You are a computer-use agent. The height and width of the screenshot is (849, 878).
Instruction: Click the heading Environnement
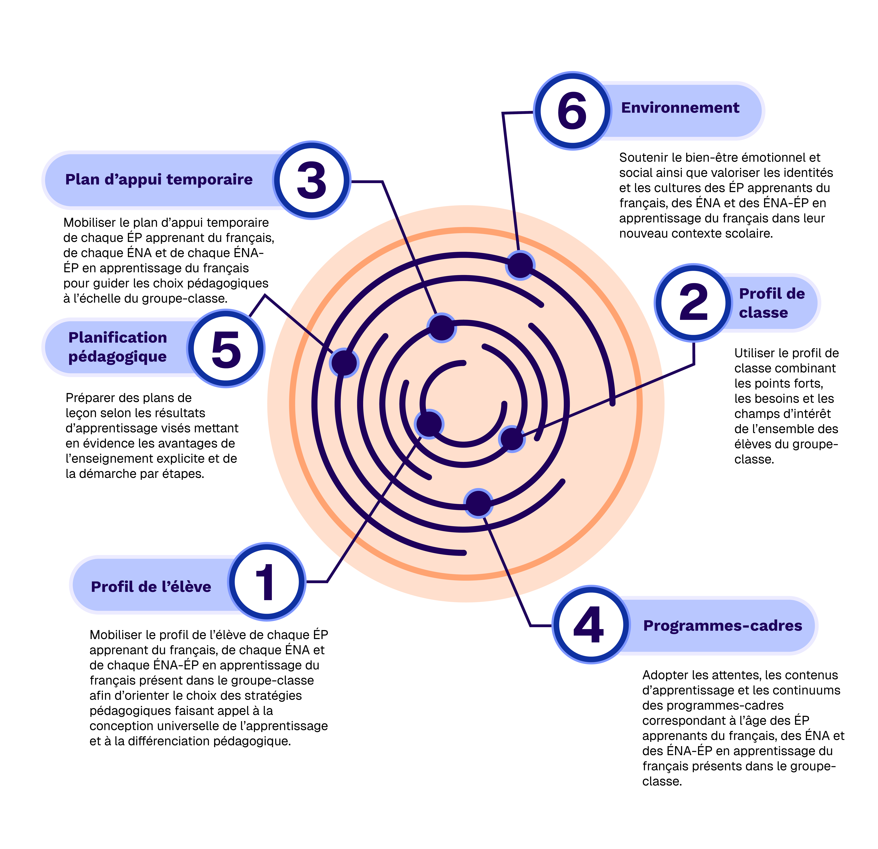(680, 108)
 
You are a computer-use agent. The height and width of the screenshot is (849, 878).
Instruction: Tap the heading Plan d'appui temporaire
(159, 180)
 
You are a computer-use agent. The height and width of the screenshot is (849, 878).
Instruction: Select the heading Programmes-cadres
(722, 625)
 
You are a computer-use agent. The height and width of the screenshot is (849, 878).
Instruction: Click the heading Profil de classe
(771, 303)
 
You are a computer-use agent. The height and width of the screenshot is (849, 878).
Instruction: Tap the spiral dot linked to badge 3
(442, 328)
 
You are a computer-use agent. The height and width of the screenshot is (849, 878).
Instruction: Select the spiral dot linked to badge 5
(344, 362)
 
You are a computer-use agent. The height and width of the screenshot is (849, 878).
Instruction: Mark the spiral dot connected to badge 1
(429, 424)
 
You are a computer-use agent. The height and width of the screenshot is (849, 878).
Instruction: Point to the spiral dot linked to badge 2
(512, 439)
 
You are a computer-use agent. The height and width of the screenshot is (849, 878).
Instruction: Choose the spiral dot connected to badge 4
(478, 503)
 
